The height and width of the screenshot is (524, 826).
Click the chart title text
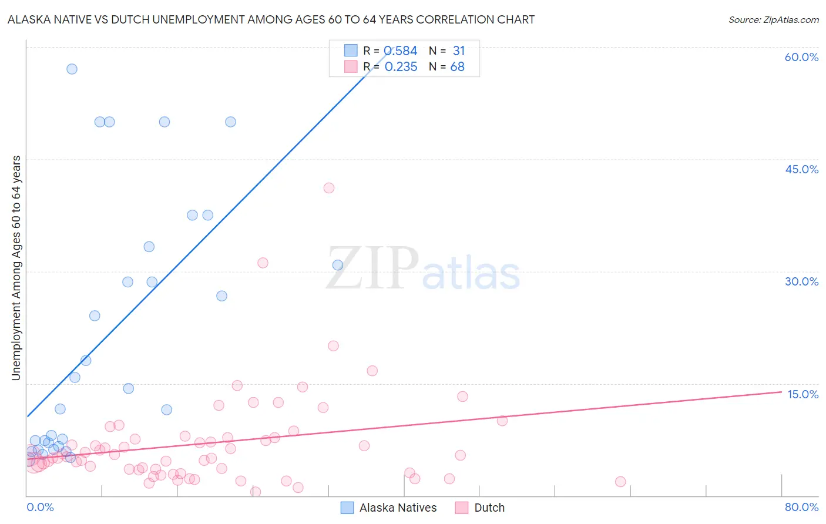coord(271,19)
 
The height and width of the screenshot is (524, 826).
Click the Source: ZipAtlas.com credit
coord(773,19)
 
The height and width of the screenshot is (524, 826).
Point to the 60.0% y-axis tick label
coord(801,57)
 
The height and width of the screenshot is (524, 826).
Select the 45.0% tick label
coord(801,169)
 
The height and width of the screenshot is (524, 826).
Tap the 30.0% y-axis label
coord(801,281)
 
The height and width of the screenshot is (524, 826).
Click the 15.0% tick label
coord(803,394)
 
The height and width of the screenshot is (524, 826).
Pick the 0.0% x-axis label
coord(40,507)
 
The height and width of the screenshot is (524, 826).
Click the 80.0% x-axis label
coord(801,507)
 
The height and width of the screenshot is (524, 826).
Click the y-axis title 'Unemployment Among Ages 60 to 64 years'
coord(16,268)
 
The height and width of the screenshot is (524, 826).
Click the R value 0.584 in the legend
coord(401,51)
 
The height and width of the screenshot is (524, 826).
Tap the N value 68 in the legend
coord(457,67)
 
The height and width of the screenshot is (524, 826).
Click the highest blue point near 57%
coord(72,69)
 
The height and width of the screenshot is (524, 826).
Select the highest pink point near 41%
coord(329,188)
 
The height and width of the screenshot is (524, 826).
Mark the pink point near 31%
coord(263,263)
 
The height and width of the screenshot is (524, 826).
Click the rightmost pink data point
coord(620,482)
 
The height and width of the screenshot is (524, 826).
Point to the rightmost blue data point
coord(338,265)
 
